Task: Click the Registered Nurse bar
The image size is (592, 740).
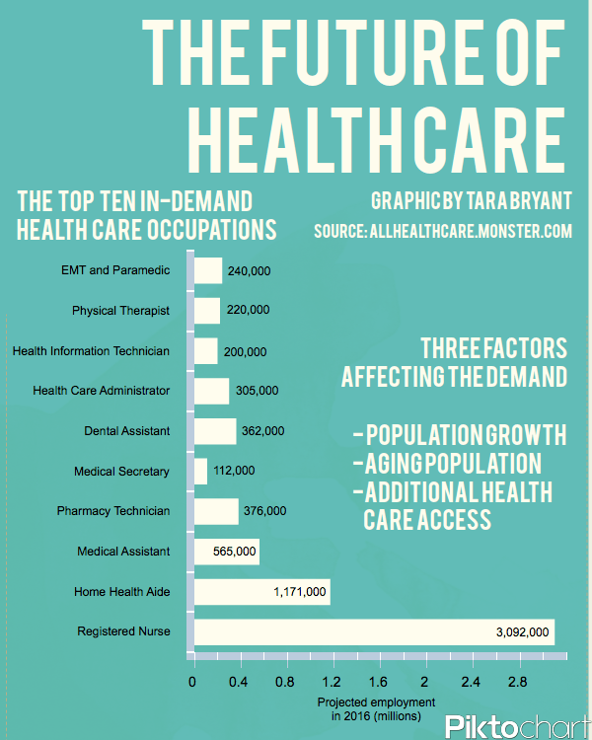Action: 375,631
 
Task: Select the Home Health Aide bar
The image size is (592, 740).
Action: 262,591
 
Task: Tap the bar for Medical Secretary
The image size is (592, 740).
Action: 201,471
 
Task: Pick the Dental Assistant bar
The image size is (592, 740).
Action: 215,431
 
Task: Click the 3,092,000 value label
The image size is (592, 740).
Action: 522,631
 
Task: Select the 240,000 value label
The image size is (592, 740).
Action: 249,270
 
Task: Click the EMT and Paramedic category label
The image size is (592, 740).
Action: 115,270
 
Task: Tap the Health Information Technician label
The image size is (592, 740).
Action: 91,351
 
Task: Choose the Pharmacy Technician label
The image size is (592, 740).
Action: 113,511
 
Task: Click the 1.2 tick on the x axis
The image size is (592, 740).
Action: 332,682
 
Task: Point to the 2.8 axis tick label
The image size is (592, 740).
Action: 517,682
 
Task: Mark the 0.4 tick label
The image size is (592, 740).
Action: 239,682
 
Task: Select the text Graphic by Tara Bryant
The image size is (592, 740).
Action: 470,200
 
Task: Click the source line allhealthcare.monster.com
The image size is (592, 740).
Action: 442,232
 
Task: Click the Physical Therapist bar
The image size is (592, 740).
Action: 207,311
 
